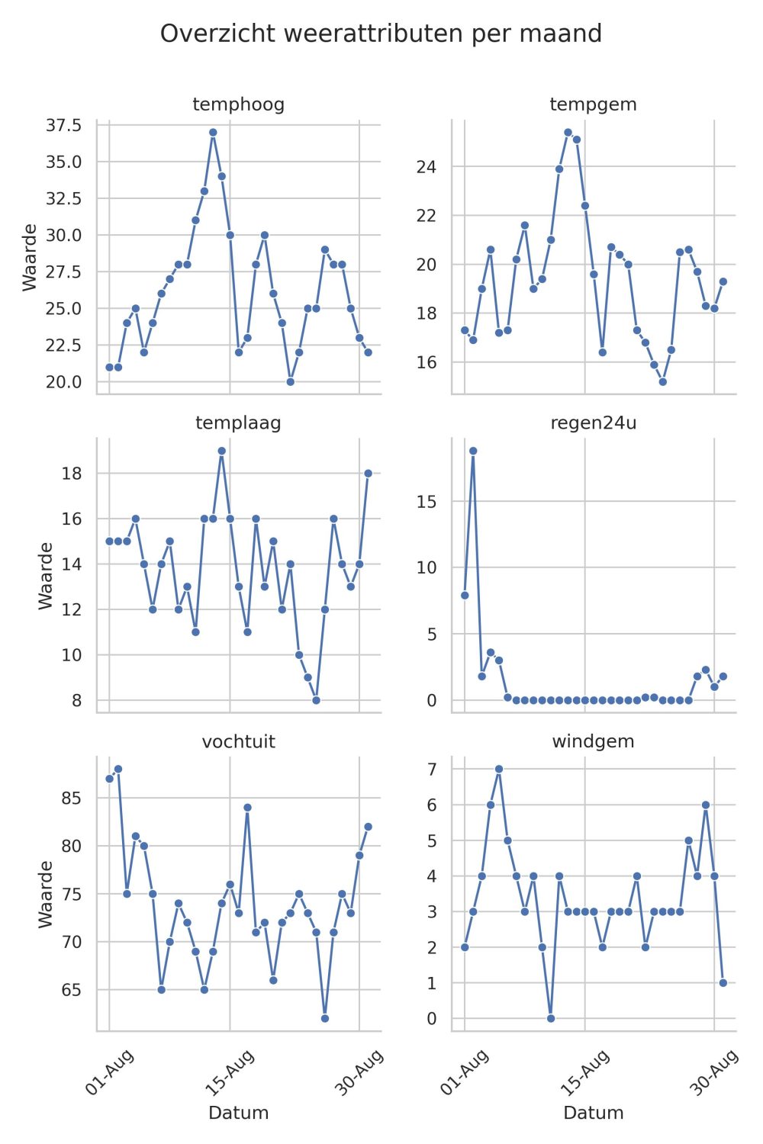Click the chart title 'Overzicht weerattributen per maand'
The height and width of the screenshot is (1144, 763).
pyautogui.click(x=381, y=34)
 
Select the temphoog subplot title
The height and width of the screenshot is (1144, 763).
pyautogui.click(x=238, y=104)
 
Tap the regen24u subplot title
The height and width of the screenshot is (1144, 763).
pyautogui.click(x=594, y=423)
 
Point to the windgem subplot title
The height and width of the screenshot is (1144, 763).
pyautogui.click(x=594, y=741)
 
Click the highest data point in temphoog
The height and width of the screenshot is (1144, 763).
pyautogui.click(x=213, y=132)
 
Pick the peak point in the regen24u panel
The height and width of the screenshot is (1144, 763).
pyautogui.click(x=473, y=451)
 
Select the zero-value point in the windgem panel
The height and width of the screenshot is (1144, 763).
pyautogui.click(x=550, y=1018)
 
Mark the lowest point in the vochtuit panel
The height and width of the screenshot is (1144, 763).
pyautogui.click(x=325, y=1018)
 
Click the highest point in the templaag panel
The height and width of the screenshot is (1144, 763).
pyautogui.click(x=222, y=451)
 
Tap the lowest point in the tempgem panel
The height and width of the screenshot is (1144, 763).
pyautogui.click(x=663, y=381)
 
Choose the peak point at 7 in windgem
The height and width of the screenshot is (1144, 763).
pyautogui.click(x=499, y=769)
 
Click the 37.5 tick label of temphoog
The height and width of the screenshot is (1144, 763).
pyautogui.click(x=63, y=125)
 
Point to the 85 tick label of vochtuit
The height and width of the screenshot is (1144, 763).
pyautogui.click(x=72, y=798)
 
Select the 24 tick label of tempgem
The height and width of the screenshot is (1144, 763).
pyautogui.click(x=427, y=166)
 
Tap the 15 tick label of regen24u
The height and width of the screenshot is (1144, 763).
pyautogui.click(x=427, y=502)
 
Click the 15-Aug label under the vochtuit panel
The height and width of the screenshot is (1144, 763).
pyautogui.click(x=230, y=1072)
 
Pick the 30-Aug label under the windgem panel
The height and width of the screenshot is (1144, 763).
pyautogui.click(x=714, y=1072)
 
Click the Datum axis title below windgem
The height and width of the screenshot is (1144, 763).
pyautogui.click(x=594, y=1113)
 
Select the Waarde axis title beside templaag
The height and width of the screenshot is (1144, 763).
pyautogui.click(x=46, y=576)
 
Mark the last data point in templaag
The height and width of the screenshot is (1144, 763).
pyautogui.click(x=368, y=474)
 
